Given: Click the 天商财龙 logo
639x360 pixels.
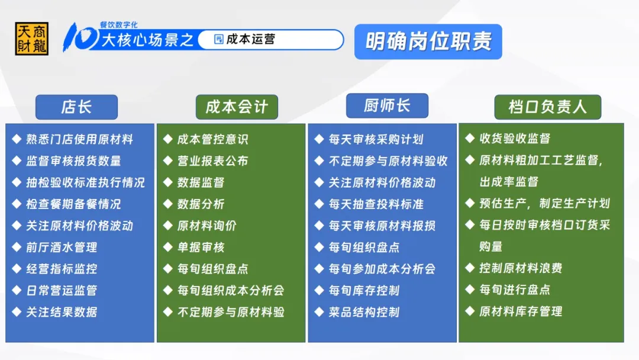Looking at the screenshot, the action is click(32, 38).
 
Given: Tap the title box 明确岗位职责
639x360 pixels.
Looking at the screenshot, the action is click(428, 41).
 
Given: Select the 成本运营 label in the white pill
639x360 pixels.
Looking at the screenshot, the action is click(250, 39).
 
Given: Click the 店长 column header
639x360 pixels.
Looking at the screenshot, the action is click(76, 107).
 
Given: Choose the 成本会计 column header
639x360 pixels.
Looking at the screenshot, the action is click(237, 107).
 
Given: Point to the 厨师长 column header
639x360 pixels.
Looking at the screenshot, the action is click(387, 105).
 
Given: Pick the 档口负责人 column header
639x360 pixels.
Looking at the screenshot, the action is click(548, 107).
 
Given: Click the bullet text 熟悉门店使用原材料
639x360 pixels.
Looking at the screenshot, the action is click(80, 139).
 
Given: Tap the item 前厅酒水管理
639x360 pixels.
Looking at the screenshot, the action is click(62, 247).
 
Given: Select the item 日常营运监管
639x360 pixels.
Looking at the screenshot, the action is click(62, 290).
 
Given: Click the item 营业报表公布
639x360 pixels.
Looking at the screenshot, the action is click(213, 161).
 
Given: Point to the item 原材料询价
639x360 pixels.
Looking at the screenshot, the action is click(207, 226).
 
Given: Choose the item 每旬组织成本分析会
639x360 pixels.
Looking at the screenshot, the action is click(231, 290).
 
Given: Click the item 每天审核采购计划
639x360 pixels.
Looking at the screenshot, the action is click(376, 139).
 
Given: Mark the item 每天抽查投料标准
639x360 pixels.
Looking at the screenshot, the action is click(376, 204).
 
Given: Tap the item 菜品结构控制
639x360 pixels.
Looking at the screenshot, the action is click(364, 312).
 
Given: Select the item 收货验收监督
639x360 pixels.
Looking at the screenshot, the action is click(515, 139).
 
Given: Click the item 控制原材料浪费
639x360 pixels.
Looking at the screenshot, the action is click(521, 268).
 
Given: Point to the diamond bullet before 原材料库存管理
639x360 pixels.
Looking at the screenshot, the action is click(470, 311).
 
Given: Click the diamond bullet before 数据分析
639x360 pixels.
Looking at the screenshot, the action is click(168, 204).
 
